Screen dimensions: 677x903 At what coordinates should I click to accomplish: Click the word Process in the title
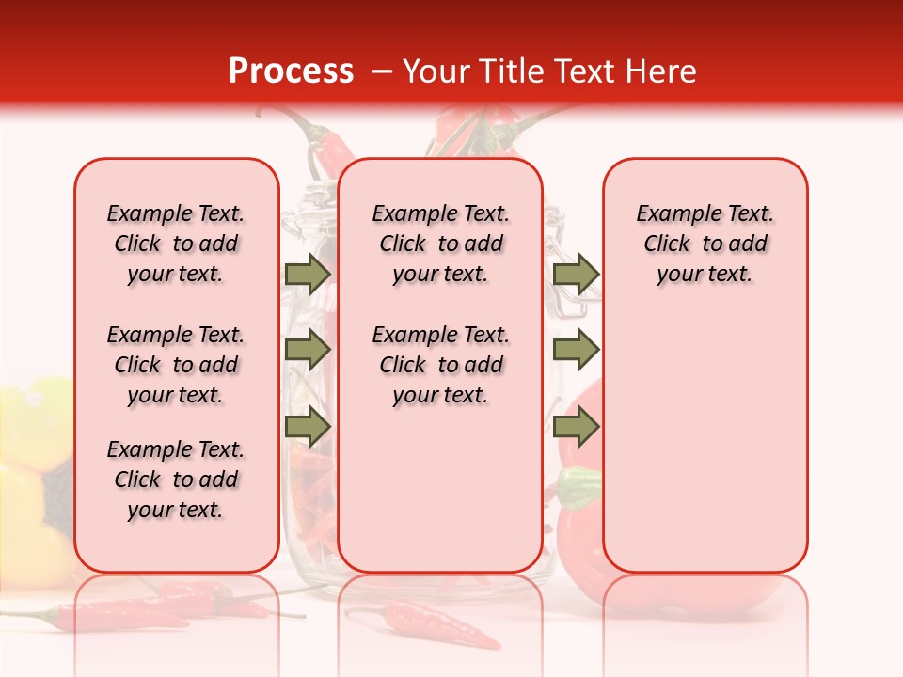[291, 71]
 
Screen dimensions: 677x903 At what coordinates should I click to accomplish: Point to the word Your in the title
[437, 71]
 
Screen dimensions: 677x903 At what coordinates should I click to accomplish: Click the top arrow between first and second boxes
[308, 274]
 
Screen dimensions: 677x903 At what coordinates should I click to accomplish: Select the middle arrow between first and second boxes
[308, 350]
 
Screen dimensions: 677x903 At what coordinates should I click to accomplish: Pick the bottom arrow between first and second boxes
[308, 426]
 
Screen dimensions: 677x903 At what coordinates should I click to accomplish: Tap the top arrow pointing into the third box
[576, 274]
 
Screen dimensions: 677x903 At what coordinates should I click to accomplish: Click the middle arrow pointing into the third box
[576, 350]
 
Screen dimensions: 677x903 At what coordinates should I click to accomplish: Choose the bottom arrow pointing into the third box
[576, 426]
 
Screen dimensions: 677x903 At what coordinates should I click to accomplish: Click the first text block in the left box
[176, 244]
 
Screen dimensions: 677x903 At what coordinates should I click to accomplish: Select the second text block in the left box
[176, 365]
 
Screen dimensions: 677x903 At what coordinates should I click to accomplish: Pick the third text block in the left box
[176, 480]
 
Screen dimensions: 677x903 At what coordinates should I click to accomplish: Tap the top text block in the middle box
[440, 244]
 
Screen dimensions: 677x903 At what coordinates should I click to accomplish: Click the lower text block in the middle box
[440, 365]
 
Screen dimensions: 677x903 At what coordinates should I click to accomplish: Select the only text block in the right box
[705, 244]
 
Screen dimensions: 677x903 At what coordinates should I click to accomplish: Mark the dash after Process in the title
[382, 71]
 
